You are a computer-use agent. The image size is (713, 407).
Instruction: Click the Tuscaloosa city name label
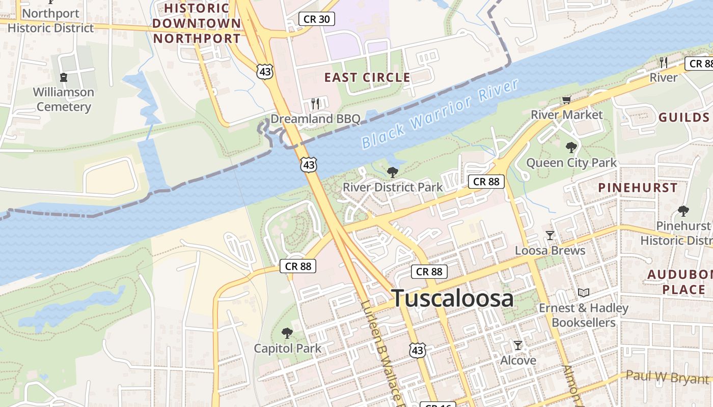pyautogui.click(x=452, y=298)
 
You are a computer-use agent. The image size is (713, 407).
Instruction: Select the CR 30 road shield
pyautogui.click(x=316, y=19)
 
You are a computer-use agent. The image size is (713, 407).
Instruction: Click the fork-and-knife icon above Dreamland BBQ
pyautogui.click(x=315, y=104)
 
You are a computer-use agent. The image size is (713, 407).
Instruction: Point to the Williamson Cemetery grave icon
pyautogui.click(x=64, y=77)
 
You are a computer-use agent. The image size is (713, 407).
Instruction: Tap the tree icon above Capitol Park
pyautogui.click(x=287, y=334)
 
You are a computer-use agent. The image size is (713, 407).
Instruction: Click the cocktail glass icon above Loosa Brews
pyautogui.click(x=550, y=236)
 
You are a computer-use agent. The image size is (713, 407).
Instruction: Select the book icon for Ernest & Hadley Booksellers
pyautogui.click(x=584, y=293)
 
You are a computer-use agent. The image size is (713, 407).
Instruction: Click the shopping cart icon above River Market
pyautogui.click(x=566, y=100)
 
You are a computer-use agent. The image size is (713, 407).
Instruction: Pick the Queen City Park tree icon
pyautogui.click(x=571, y=148)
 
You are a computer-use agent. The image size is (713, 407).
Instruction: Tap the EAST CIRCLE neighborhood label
pyautogui.click(x=367, y=77)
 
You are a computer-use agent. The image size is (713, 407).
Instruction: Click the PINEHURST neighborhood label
pyautogui.click(x=638, y=187)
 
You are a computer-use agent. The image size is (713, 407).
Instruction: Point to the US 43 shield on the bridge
pyautogui.click(x=309, y=164)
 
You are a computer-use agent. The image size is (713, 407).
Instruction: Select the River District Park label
pyautogui.click(x=393, y=187)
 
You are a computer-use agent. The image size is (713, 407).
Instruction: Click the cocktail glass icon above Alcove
pyautogui.click(x=518, y=345)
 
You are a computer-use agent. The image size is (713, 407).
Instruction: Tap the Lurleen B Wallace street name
pyautogui.click(x=382, y=351)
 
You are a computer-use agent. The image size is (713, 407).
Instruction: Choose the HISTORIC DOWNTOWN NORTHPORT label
pyautogui.click(x=196, y=23)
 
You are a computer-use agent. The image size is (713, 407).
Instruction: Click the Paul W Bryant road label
pyautogui.click(x=667, y=377)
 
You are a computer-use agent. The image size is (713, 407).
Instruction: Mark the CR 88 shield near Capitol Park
pyautogui.click(x=298, y=266)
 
